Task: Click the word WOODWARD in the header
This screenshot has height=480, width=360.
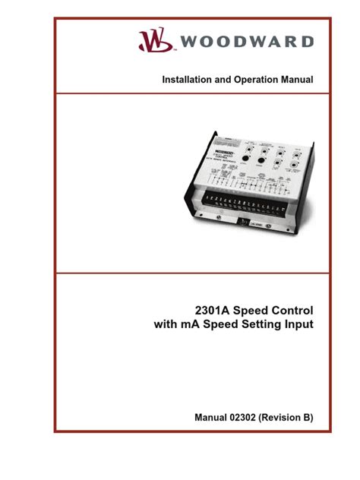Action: click(245, 41)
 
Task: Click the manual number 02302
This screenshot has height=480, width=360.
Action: click(248, 417)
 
